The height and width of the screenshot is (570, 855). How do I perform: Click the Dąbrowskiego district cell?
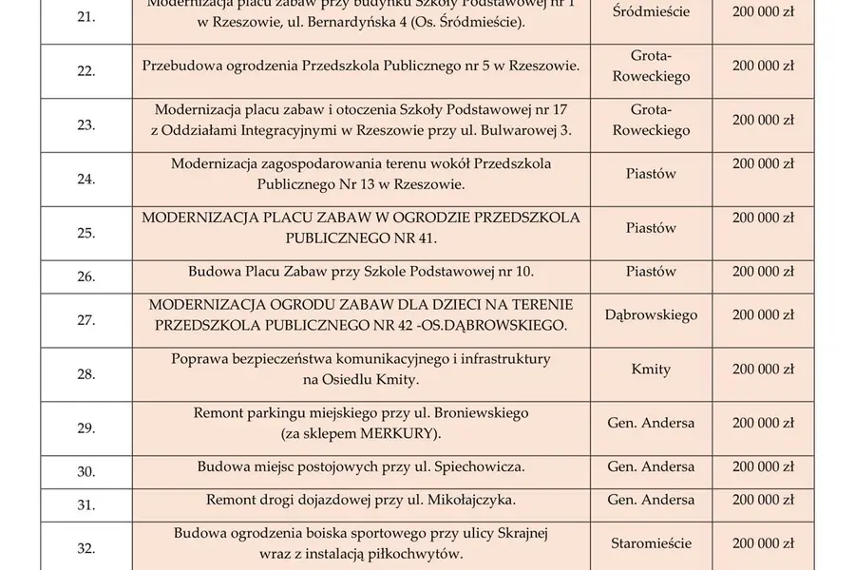coord(651,314)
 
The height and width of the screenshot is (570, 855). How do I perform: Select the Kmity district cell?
coord(651,369)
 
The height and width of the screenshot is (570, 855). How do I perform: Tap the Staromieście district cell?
coord(651,543)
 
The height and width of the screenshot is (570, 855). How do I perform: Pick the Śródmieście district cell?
coord(651,13)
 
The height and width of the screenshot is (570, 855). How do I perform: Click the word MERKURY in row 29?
coord(391,433)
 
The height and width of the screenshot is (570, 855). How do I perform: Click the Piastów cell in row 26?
coord(651,272)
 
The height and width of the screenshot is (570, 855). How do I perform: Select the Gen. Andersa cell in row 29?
coord(651,423)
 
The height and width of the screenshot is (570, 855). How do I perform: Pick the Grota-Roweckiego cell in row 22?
coord(651,66)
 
